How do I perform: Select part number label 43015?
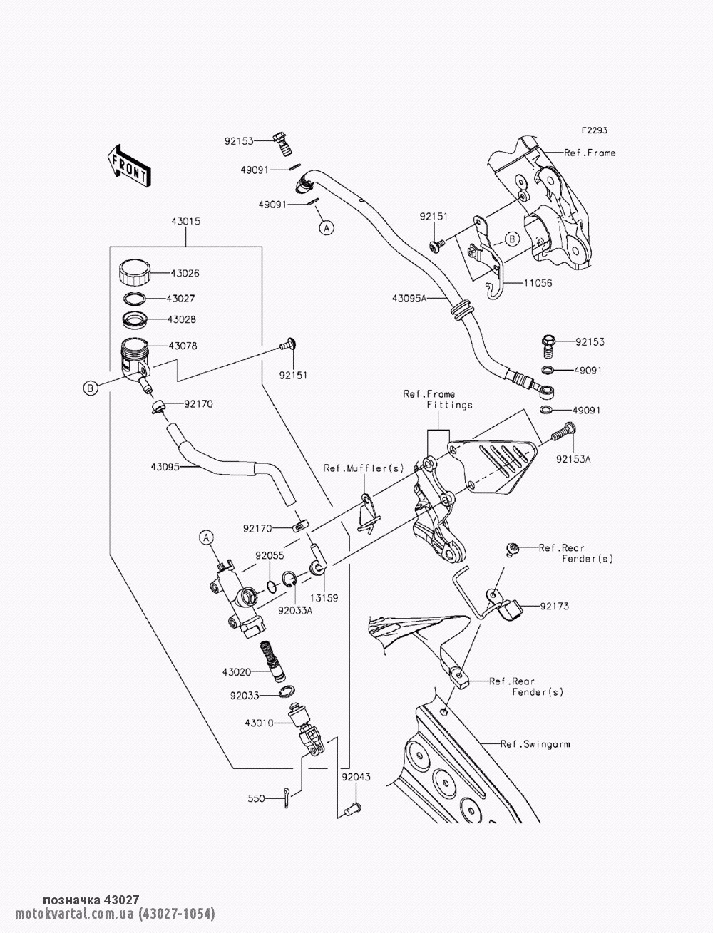tap(185, 222)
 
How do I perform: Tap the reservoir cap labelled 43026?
tap(133, 273)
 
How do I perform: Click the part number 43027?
tap(182, 299)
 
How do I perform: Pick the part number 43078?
tap(183, 346)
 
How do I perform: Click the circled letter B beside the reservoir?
tap(90, 388)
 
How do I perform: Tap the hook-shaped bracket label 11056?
tap(537, 283)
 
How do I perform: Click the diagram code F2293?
tap(593, 131)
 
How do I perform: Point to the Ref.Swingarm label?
tap(535, 744)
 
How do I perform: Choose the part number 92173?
tap(555, 607)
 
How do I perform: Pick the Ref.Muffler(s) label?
tap(364, 468)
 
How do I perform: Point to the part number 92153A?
tap(574, 460)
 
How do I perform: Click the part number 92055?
tap(270, 553)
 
